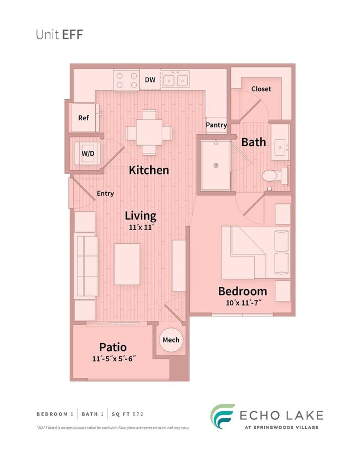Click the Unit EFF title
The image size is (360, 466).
[59, 34]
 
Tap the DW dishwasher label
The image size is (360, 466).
[150, 80]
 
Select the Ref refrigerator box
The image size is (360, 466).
[83, 118]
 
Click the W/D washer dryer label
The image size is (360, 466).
[87, 152]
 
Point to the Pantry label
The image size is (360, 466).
[217, 125]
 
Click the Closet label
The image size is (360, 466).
[261, 89]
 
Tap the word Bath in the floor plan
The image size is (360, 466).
[253, 142]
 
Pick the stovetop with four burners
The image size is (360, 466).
[126, 80]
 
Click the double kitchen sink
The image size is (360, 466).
[175, 80]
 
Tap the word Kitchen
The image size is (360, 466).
[149, 170]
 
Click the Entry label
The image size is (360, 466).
[105, 193]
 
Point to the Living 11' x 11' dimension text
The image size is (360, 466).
[140, 228]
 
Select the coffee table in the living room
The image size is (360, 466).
[127, 264]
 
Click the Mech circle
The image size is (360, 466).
[171, 340]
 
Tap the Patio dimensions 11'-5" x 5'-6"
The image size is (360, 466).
[114, 359]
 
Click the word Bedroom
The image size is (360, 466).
[242, 291]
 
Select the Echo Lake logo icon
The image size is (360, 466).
[222, 416]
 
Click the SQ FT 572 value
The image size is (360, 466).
[132, 414]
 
